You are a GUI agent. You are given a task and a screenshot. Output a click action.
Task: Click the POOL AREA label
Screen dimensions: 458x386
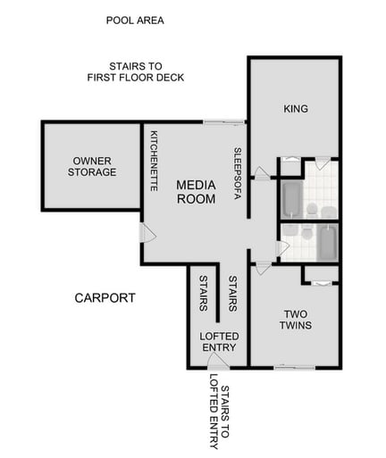tap(135, 20)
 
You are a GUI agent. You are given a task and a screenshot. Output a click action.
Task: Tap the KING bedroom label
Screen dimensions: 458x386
tap(295, 109)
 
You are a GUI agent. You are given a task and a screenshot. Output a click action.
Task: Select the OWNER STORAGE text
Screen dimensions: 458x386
tap(93, 166)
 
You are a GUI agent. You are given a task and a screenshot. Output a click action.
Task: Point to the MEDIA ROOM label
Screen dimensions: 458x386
tap(195, 192)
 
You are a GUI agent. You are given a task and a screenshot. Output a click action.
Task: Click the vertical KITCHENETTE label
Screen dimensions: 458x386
tap(155, 162)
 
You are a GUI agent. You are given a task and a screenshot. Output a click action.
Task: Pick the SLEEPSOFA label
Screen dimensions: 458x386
tap(238, 172)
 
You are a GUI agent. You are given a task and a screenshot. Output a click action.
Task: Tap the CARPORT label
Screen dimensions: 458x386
tap(105, 297)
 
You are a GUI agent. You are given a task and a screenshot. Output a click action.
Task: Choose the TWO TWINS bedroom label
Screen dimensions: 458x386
tap(295, 320)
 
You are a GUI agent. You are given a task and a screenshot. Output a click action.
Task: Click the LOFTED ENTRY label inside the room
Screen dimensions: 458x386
tap(219, 341)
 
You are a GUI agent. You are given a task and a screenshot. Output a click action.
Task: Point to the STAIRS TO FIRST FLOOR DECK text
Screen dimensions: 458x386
tap(135, 72)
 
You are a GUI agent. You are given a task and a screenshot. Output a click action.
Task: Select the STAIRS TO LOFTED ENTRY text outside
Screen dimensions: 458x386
tap(218, 416)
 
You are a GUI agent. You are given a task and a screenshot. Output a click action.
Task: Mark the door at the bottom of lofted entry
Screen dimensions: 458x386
tap(217, 360)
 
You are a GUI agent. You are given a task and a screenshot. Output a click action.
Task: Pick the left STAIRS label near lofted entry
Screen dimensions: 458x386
tap(203, 293)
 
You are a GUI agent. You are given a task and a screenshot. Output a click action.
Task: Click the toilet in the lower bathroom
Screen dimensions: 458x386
tap(304, 233)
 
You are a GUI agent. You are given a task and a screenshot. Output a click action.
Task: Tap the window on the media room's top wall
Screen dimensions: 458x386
tap(223, 121)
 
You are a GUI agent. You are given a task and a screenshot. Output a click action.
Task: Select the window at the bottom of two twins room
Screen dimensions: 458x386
tap(292, 366)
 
